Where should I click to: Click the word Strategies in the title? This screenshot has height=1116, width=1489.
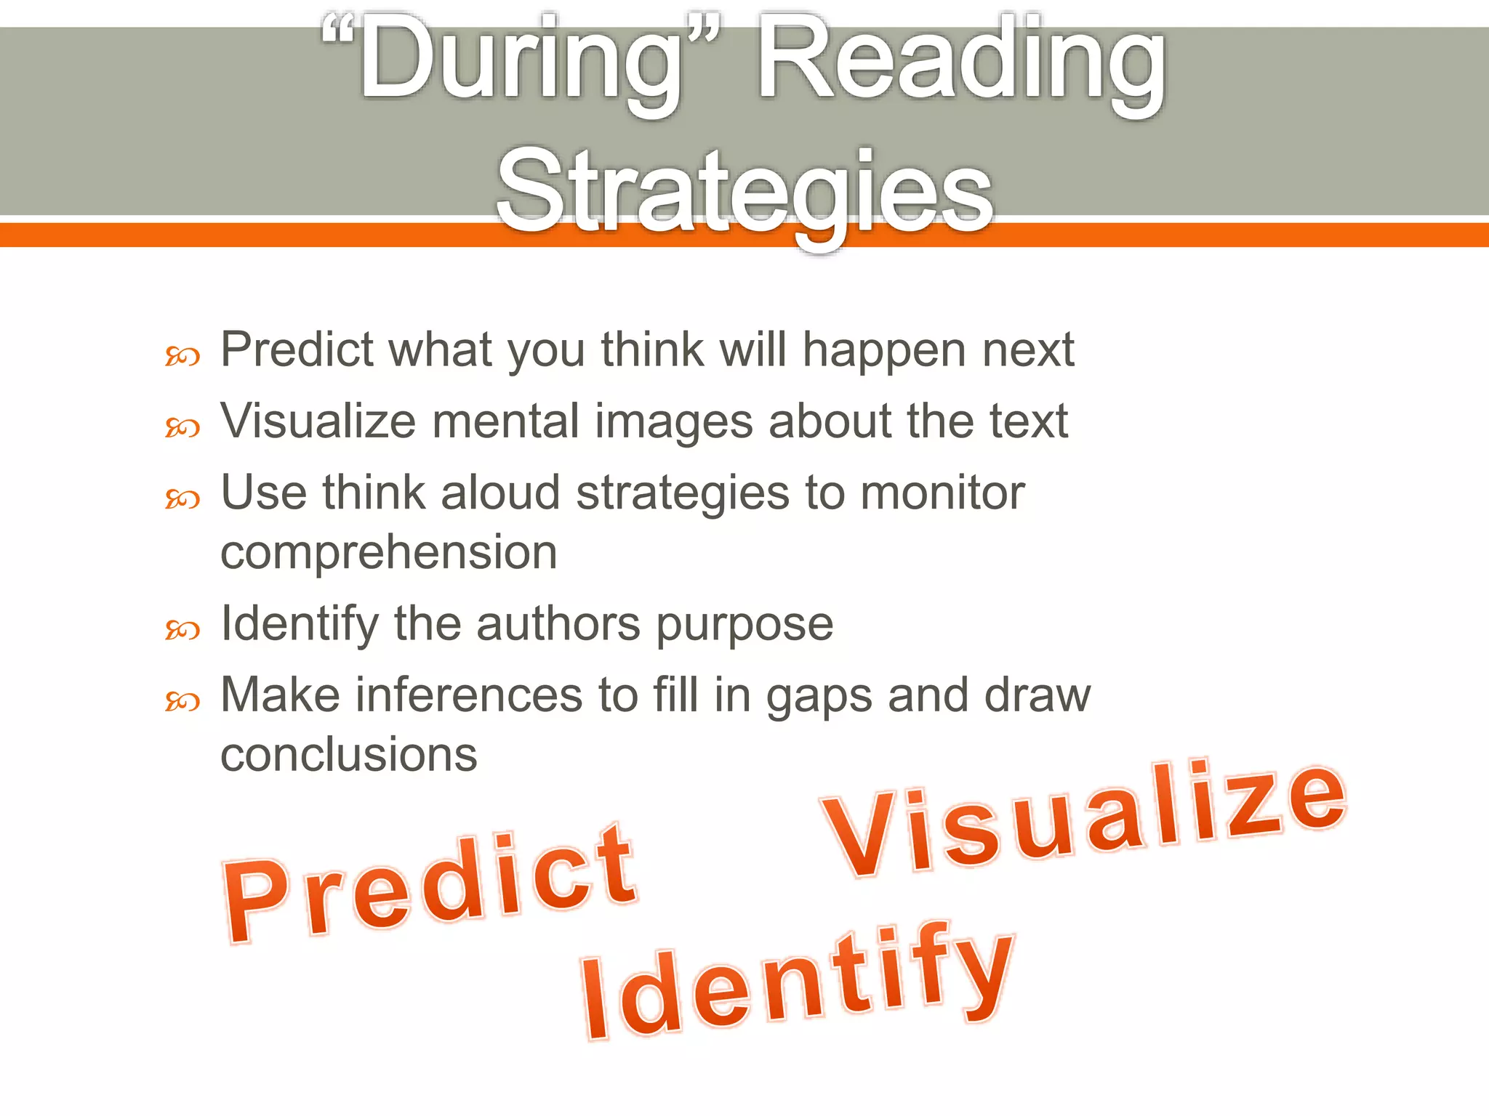pos(744,193)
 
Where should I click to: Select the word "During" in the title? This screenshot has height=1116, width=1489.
pos(521,62)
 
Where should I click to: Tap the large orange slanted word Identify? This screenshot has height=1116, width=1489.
pos(796,981)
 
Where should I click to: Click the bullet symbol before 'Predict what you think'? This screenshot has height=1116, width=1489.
pos(182,357)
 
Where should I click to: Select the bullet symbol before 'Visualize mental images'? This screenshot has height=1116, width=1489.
pos(182,428)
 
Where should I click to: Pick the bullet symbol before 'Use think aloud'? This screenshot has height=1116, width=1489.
pos(182,499)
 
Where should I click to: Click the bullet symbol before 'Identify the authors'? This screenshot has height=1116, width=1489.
pos(182,630)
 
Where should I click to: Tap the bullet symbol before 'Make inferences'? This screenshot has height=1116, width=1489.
pos(182,701)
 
